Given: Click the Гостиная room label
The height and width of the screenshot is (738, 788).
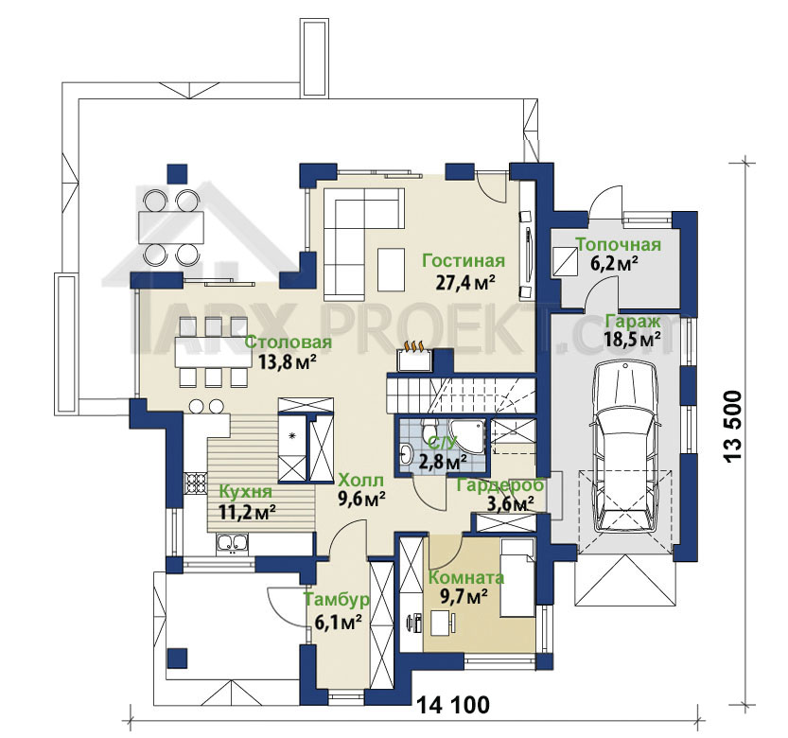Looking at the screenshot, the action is pyautogui.click(x=464, y=261).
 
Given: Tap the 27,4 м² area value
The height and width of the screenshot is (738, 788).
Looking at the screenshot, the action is pyautogui.click(x=464, y=283).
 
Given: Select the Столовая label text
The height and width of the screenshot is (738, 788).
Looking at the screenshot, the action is pyautogui.click(x=289, y=343).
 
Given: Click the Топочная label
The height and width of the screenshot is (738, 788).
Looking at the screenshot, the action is pyautogui.click(x=618, y=245).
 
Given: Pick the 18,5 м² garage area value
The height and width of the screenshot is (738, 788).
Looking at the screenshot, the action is pyautogui.click(x=633, y=339).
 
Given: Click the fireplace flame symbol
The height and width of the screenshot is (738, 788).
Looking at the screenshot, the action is pyautogui.click(x=414, y=346).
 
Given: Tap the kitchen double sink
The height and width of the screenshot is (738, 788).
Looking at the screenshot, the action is pyautogui.click(x=232, y=544).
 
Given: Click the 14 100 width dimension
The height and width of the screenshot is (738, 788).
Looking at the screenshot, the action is pyautogui.click(x=453, y=705).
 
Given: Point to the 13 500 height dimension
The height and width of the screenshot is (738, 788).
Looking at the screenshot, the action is pyautogui.click(x=733, y=427).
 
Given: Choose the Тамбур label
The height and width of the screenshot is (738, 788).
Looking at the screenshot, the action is pyautogui.click(x=337, y=599).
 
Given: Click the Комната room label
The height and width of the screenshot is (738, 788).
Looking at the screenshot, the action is pyautogui.click(x=465, y=577).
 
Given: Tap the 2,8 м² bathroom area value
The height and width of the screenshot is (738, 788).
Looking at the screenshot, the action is pyautogui.click(x=443, y=461).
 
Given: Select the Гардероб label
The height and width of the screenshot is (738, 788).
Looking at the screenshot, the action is pyautogui.click(x=500, y=485).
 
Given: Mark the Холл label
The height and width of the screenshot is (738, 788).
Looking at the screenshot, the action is pyautogui.click(x=360, y=480).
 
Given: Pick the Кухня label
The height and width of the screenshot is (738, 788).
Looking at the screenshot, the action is pyautogui.click(x=247, y=491).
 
